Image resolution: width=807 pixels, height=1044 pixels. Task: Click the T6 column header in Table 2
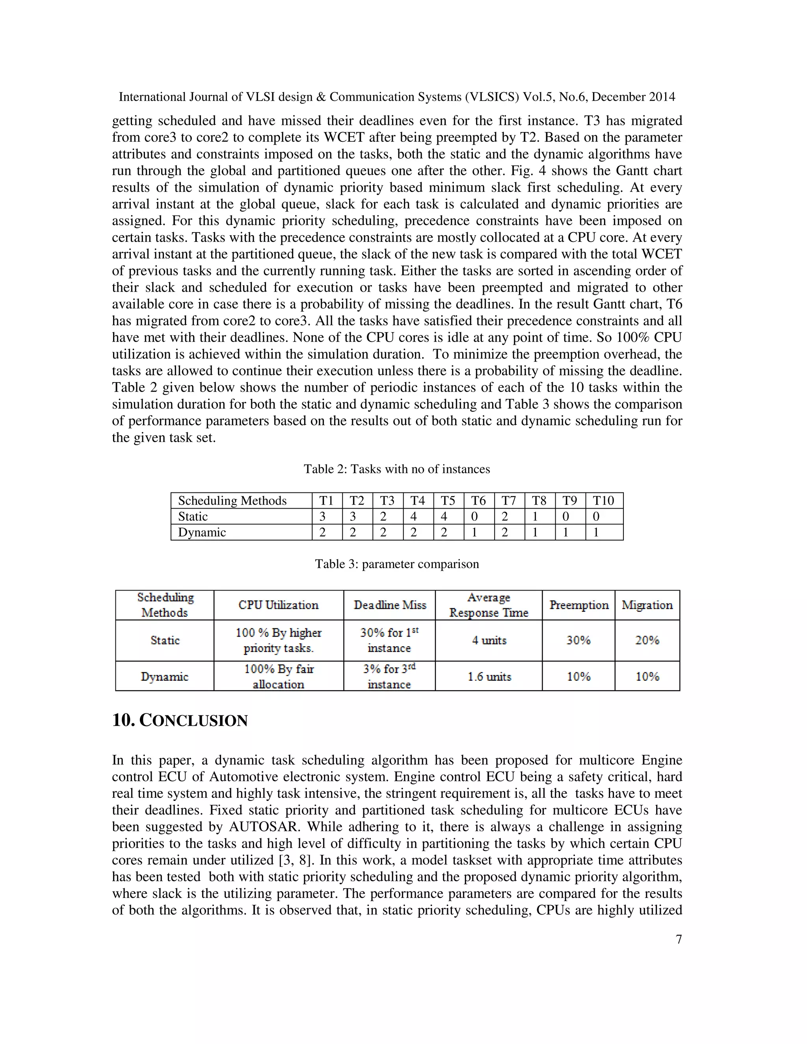click(478, 500)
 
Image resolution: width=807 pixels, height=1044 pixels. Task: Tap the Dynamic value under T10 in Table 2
click(596, 532)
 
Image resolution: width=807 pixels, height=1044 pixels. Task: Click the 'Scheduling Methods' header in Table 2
click(232, 500)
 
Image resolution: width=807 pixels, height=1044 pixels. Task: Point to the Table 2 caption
click(397, 469)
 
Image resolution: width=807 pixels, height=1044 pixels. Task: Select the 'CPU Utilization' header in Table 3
click(278, 605)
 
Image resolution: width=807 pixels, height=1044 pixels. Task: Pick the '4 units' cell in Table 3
click(489, 640)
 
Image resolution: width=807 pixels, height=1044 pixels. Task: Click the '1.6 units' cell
click(489, 676)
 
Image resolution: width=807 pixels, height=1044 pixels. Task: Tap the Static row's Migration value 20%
click(647, 640)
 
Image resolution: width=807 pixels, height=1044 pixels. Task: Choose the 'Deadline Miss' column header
click(390, 605)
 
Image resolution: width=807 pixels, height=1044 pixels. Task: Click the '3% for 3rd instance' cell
click(389, 676)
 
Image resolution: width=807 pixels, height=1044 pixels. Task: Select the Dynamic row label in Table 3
click(164, 676)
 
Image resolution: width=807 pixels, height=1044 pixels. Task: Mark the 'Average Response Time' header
click(489, 605)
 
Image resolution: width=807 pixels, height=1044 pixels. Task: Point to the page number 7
click(679, 939)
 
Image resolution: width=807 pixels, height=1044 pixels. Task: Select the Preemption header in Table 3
click(578, 605)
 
